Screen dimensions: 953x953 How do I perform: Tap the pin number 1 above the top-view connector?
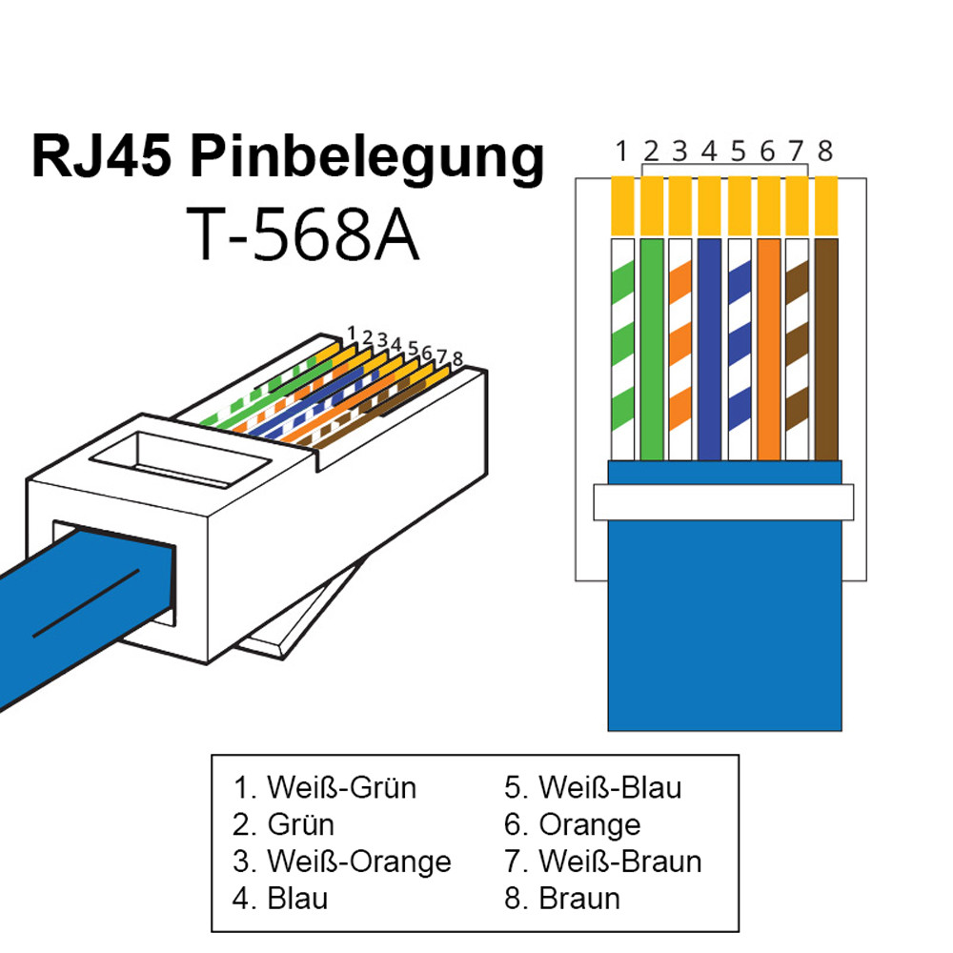[621, 151]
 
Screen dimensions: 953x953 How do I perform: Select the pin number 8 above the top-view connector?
[825, 151]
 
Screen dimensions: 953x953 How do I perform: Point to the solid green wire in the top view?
[652, 348]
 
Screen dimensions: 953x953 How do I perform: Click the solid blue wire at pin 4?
[710, 348]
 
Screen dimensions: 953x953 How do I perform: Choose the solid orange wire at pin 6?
[768, 348]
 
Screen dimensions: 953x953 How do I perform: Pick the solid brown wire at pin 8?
[826, 348]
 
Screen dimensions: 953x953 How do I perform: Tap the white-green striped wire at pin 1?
[622, 348]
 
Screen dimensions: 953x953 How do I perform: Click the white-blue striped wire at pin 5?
[740, 348]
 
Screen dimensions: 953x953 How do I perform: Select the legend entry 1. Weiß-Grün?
[324, 788]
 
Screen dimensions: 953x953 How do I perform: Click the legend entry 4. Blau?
[280, 898]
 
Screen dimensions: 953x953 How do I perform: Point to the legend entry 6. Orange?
[572, 824]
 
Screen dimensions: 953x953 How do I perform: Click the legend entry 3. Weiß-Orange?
[341, 862]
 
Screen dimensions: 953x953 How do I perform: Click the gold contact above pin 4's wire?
[710, 206]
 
